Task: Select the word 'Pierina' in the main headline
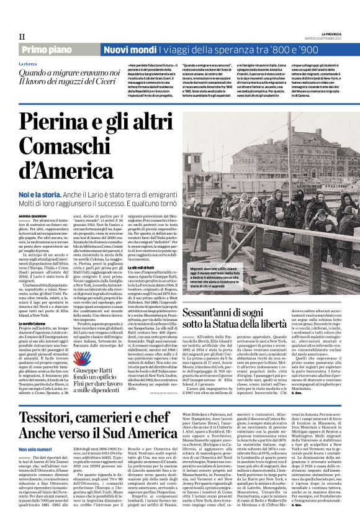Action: (x=64, y=124)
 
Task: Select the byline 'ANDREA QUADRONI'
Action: (x=32, y=216)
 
